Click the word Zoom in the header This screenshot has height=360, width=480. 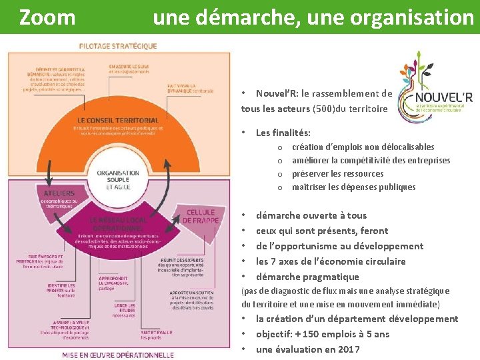coord(47,17)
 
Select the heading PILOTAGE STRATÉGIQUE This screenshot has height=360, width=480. coord(118,46)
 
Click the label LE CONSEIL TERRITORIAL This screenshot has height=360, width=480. coord(117,120)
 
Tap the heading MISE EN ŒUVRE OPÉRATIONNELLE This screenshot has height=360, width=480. coord(118,355)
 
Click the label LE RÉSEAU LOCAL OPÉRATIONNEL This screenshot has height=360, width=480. coord(117,223)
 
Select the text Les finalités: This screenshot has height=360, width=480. coord(283,133)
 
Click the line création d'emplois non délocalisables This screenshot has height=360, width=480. coord(363,147)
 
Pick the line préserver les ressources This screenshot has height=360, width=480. coord(337,173)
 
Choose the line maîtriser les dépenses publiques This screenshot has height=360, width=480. coord(353,187)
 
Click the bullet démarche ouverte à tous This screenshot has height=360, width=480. coord(311,215)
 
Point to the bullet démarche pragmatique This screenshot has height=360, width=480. coord(307,277)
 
